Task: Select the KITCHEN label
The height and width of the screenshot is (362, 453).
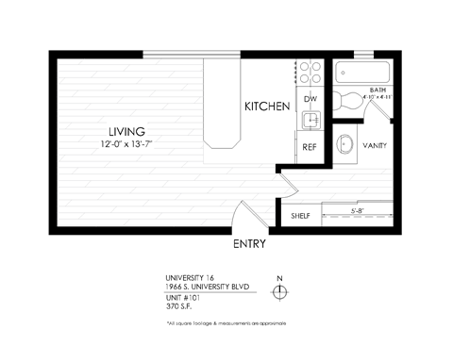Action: coord(267,107)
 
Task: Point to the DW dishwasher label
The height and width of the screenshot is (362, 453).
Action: coord(310,97)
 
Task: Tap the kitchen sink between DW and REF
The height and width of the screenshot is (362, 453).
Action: coord(310,120)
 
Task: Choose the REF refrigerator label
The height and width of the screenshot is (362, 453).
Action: coord(310,147)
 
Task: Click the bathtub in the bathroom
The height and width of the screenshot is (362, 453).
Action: coord(363,73)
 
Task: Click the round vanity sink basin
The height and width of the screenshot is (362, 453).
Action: coord(346,145)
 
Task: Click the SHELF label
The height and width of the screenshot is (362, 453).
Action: coord(300,216)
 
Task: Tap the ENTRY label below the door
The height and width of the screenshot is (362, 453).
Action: coord(249,243)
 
